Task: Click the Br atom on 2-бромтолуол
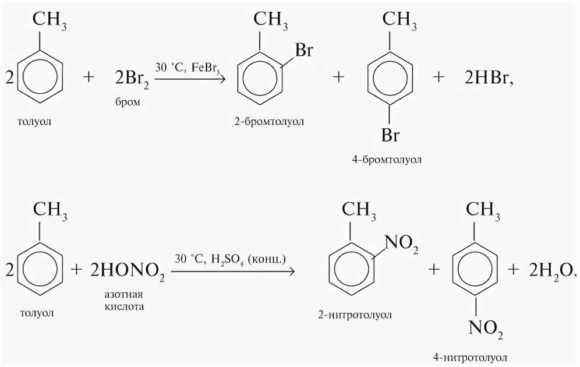(x=305, y=51)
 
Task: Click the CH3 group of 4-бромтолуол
(x=399, y=23)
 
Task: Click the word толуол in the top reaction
(x=36, y=121)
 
